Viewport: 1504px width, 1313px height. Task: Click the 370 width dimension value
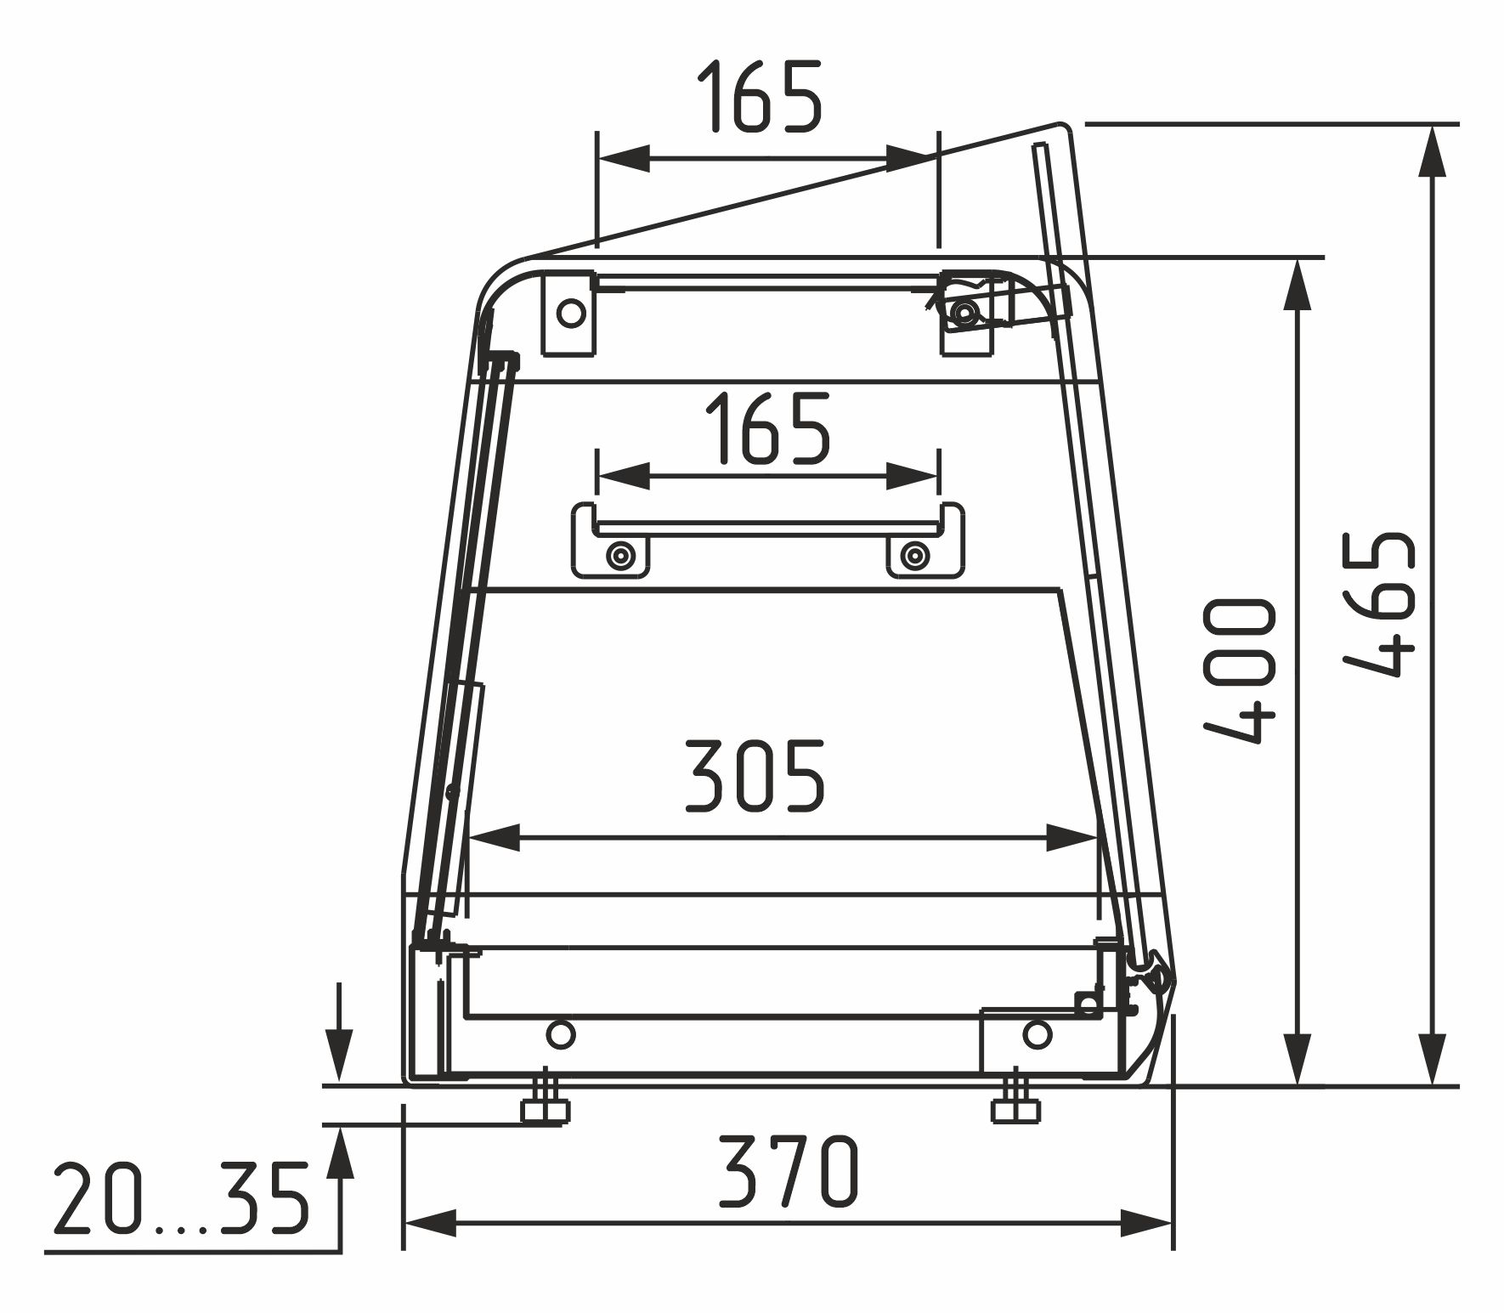[x=789, y=1172]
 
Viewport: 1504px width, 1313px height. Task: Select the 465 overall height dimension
[x=1382, y=604]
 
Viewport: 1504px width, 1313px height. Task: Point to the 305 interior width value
[x=755, y=776]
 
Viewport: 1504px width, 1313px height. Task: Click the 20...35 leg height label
[x=181, y=1198]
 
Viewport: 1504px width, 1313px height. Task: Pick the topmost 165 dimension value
[x=760, y=96]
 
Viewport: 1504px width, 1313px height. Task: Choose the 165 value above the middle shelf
[x=766, y=428]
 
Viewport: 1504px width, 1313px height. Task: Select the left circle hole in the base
[x=560, y=1034]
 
